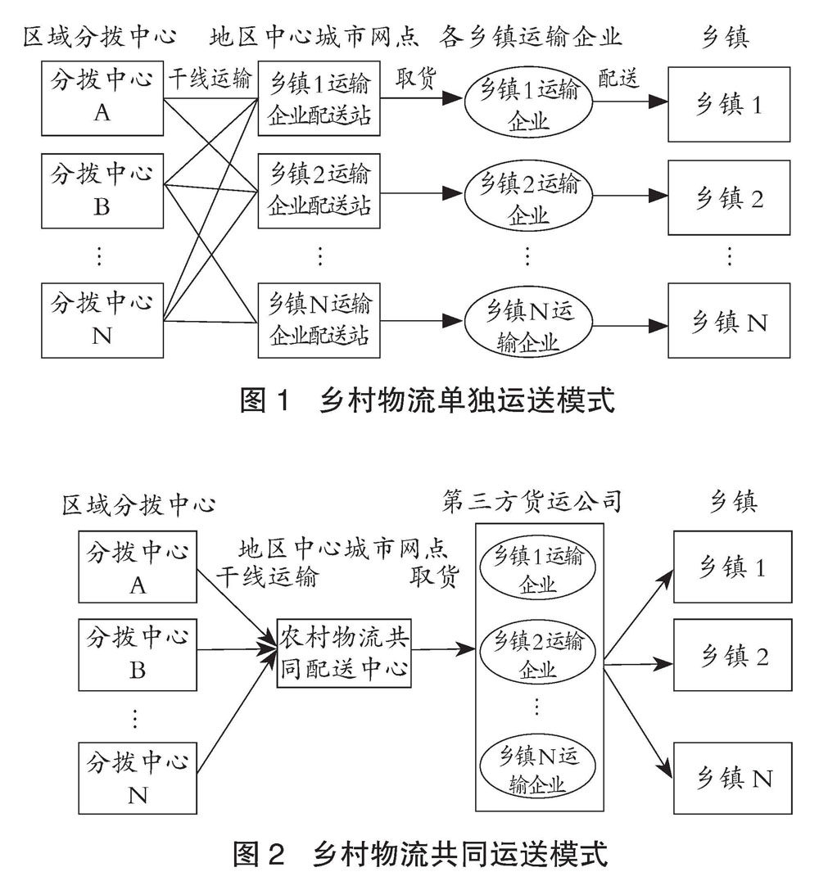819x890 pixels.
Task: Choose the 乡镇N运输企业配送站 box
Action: [x=319, y=320]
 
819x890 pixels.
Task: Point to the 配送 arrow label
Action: [x=618, y=78]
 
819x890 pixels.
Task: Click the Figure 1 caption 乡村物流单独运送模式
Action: [x=426, y=400]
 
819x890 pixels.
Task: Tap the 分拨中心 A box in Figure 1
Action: [x=102, y=101]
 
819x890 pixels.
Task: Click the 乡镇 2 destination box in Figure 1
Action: [x=729, y=197]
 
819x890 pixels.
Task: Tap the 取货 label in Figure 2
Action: [x=434, y=576]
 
